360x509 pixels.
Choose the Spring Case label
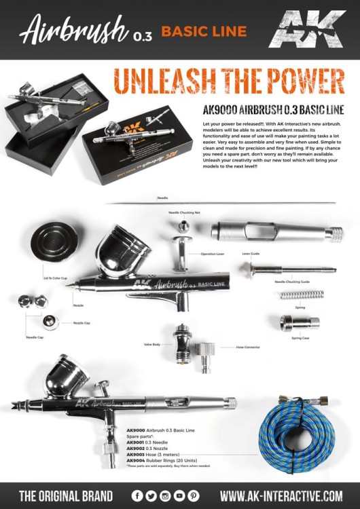300,337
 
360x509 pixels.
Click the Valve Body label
152,345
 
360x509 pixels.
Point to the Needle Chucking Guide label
292,281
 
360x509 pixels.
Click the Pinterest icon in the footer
194,495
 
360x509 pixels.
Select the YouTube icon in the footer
179,495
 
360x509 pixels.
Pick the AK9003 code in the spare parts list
137,455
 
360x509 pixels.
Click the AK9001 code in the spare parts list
137,442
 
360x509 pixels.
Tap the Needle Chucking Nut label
184,212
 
